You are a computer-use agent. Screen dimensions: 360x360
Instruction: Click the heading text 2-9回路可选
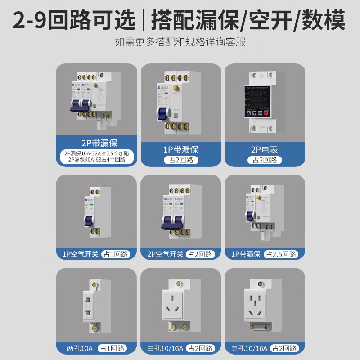pyautogui.click(x=74, y=20)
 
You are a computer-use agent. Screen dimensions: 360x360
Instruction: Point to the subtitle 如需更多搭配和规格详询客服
pyautogui.click(x=180, y=43)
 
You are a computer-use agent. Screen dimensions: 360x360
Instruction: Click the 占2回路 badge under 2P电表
pyautogui.click(x=265, y=160)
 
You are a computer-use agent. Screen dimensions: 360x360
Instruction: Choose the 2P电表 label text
pyautogui.click(x=265, y=148)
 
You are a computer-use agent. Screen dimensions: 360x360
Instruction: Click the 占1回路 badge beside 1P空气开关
pyautogui.click(x=116, y=254)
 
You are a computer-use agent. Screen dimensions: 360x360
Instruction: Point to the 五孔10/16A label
pyautogui.click(x=250, y=348)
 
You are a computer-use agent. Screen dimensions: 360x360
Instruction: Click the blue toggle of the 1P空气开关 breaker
pyautogui.click(x=89, y=220)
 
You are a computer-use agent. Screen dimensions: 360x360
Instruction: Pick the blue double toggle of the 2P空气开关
pyautogui.click(x=172, y=220)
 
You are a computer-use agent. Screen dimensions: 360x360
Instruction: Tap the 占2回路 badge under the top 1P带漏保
pyautogui.click(x=181, y=160)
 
